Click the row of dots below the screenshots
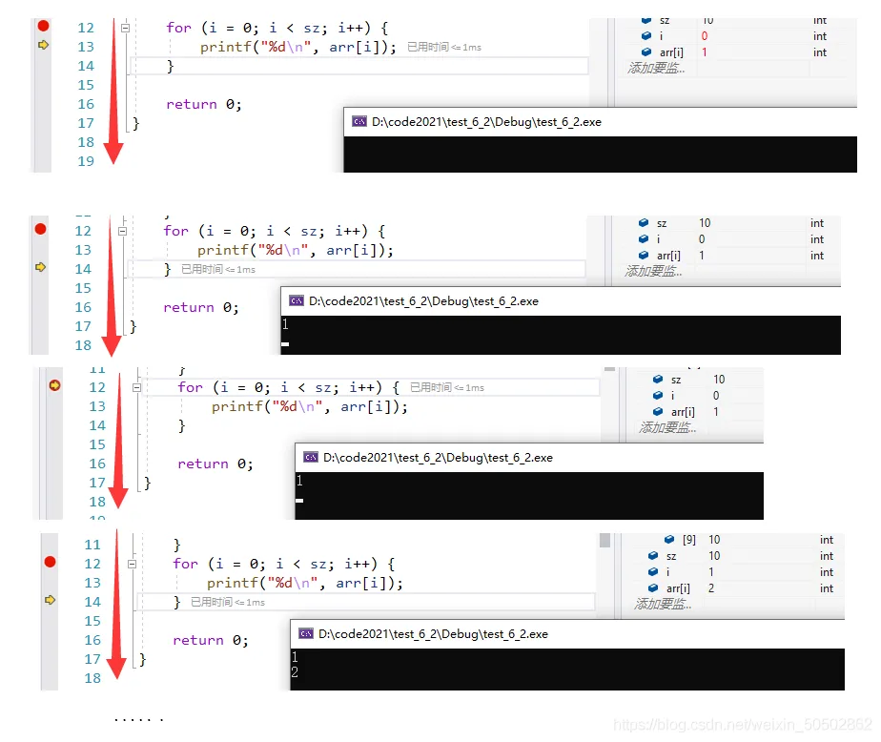pos(139,718)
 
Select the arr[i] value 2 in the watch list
pos(711,588)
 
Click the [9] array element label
pos(689,540)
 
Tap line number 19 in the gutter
pos(86,161)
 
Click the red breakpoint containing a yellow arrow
pos(54,385)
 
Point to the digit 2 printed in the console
pos(296,673)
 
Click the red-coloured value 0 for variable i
pos(705,36)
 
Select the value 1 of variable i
pos(711,572)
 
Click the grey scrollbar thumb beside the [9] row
pos(604,541)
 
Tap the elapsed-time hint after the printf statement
pos(444,47)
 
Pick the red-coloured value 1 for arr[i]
pos(705,52)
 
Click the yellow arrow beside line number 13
pos(43,45)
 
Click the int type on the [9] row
pos(826,540)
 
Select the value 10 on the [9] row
pos(714,540)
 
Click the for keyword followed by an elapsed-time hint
pos(190,387)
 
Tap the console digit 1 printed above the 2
pos(296,657)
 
